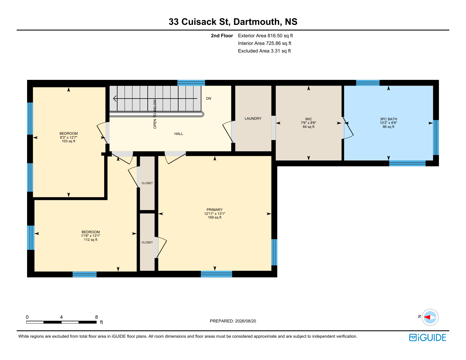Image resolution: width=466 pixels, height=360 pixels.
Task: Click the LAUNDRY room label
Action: click(253, 118)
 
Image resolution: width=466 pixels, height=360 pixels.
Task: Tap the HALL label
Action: click(179, 134)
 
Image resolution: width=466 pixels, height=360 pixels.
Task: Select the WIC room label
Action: click(308, 119)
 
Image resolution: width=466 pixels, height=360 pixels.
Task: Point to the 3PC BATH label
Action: click(388, 119)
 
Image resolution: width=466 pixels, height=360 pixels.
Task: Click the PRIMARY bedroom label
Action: click(214, 210)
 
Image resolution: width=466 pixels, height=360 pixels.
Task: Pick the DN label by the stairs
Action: click(208, 99)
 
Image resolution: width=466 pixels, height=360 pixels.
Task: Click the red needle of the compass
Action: click(427, 317)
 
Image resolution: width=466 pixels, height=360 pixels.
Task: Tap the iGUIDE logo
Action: click(427, 337)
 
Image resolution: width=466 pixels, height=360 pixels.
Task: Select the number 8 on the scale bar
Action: click(97, 317)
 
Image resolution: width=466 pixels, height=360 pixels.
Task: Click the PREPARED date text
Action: click(233, 321)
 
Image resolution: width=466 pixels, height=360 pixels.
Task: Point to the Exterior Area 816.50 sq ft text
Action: click(265, 36)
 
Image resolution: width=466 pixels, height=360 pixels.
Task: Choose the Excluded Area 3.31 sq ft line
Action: click(264, 51)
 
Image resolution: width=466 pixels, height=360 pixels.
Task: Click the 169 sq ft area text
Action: click(214, 217)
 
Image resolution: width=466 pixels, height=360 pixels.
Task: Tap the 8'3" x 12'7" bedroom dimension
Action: click(68, 138)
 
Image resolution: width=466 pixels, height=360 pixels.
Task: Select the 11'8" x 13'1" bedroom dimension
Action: click(90, 236)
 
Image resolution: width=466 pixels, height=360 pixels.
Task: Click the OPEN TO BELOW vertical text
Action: click(155, 114)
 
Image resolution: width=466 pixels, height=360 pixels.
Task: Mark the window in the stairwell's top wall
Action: click(191, 83)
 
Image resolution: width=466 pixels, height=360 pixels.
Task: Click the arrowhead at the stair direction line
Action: click(115, 99)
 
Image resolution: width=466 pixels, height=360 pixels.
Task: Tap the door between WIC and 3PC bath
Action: click(347, 128)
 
